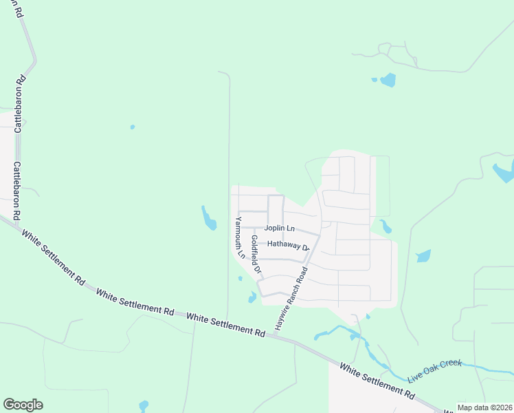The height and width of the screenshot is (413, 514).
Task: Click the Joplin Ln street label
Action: click(x=280, y=228)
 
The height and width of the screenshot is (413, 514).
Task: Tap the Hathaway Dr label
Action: click(x=289, y=244)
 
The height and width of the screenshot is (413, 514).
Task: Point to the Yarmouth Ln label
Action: click(x=239, y=237)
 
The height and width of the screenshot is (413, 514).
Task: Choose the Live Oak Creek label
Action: click(x=434, y=370)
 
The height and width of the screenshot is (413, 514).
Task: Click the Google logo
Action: click(x=23, y=405)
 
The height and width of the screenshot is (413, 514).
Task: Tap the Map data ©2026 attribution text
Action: click(x=484, y=407)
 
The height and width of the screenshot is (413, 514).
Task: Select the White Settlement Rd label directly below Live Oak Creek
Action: click(x=378, y=382)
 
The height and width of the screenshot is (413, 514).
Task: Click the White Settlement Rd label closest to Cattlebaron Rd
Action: click(x=52, y=257)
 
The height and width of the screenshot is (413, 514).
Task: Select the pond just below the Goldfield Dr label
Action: click(x=253, y=297)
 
